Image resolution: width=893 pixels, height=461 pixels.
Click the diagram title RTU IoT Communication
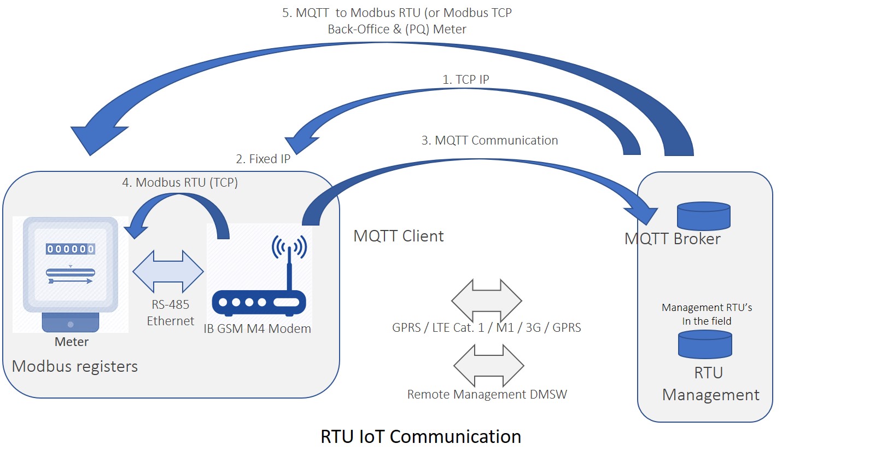(421, 436)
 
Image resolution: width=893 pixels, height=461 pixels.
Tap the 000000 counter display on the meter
(71, 249)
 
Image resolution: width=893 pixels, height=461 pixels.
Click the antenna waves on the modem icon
(289, 246)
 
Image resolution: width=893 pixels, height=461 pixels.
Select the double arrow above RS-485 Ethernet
(168, 272)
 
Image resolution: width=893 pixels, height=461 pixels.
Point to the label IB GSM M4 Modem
(257, 329)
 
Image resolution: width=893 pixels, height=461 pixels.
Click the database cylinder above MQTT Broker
(704, 216)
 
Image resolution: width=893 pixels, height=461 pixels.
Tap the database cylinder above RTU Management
(705, 344)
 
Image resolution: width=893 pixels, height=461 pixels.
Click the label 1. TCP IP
(465, 79)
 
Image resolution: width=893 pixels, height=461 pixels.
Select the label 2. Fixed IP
(263, 159)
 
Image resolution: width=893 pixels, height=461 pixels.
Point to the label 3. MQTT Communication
(489, 141)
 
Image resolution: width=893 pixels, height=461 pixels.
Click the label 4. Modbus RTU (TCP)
(180, 182)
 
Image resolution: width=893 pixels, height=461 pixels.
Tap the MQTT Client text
(398, 236)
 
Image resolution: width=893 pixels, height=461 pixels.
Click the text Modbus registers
(74, 366)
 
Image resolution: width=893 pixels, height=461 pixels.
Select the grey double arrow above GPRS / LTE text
(486, 301)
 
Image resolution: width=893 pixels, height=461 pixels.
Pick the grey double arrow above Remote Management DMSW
(489, 366)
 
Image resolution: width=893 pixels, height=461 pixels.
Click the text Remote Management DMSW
(487, 394)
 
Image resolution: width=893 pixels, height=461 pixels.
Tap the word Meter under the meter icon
(71, 342)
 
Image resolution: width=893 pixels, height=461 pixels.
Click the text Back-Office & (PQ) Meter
(396, 29)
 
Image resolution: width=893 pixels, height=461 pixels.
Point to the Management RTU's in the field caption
(707, 314)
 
